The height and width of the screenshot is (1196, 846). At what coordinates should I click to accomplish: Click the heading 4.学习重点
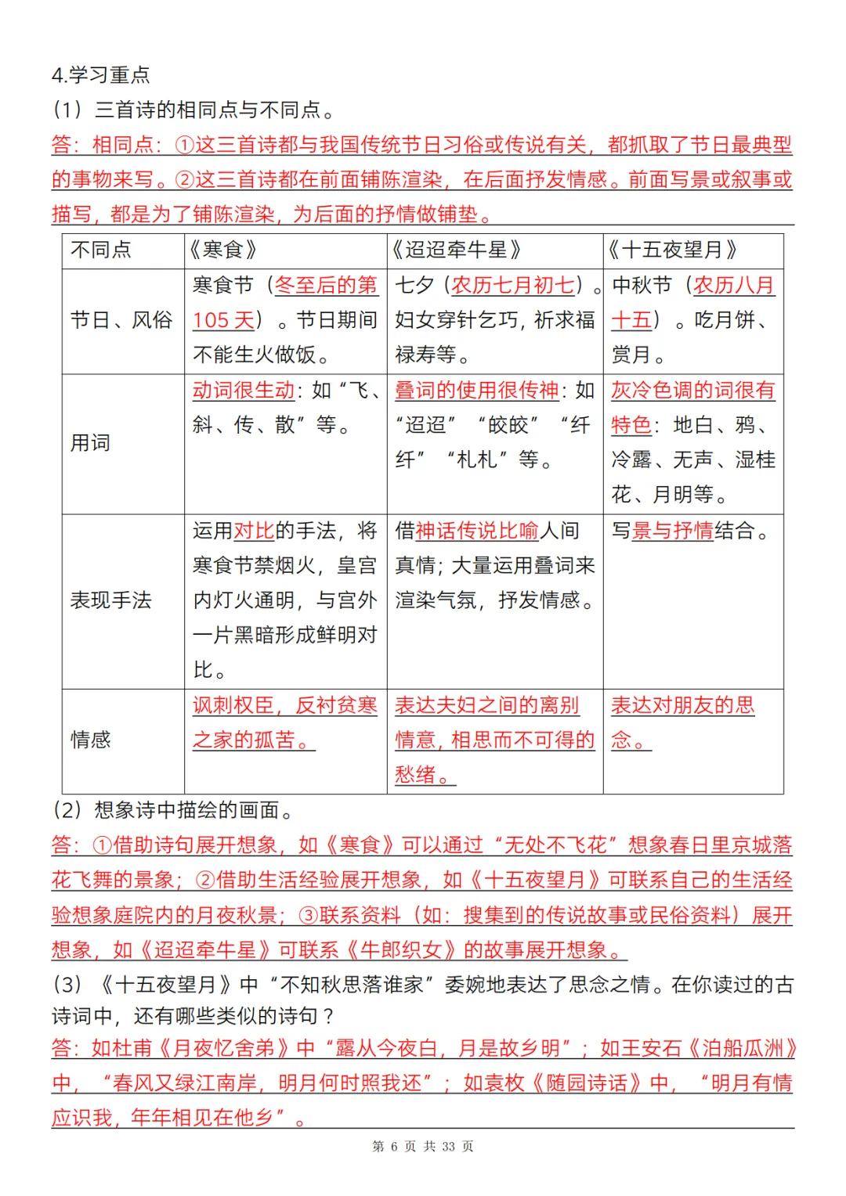[100, 75]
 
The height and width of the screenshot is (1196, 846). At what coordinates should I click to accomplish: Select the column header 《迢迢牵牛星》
[456, 250]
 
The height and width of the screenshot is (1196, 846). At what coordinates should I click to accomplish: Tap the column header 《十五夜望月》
[673, 250]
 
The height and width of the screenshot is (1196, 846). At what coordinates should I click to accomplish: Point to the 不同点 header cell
[101, 250]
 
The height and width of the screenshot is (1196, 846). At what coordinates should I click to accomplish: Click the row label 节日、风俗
[121, 320]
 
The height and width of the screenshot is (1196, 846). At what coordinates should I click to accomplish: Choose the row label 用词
[91, 443]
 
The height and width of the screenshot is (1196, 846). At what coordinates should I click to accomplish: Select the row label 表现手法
[111, 600]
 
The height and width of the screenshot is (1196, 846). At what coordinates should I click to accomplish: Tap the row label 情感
[91, 740]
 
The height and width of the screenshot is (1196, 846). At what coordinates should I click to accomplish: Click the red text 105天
[224, 320]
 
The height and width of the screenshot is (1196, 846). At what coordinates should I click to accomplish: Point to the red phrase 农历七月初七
[513, 285]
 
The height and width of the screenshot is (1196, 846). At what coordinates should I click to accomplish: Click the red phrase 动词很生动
[244, 390]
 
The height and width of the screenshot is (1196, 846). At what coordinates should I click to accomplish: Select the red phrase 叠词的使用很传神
[477, 390]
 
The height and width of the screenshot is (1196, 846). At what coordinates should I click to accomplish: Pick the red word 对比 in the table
[254, 531]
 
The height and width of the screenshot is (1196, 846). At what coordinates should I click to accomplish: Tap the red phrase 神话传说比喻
[477, 531]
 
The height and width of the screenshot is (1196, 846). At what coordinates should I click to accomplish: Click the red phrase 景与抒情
[672, 531]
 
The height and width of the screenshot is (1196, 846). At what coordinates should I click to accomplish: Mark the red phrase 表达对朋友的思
[682, 705]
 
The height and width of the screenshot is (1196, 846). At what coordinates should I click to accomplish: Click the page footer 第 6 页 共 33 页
[423, 1147]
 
